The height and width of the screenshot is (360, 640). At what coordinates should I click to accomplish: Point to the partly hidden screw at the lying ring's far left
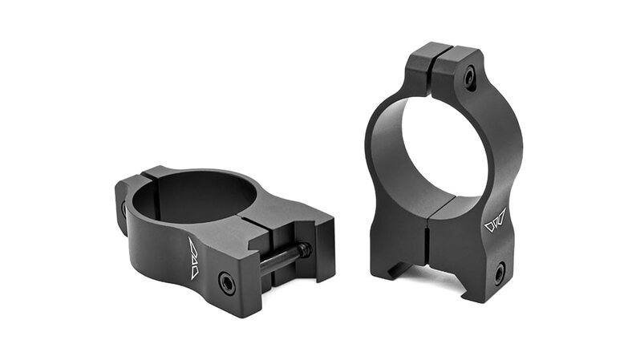[124, 209]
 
